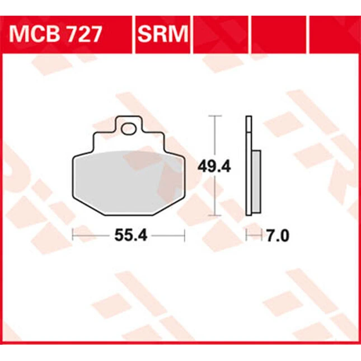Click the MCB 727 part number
55,34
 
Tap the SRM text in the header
163,34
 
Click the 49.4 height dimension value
214,167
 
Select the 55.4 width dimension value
131,236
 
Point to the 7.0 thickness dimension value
278,236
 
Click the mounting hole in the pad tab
129,129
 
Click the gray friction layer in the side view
256,182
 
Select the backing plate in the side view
249,166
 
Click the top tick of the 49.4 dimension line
215,116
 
